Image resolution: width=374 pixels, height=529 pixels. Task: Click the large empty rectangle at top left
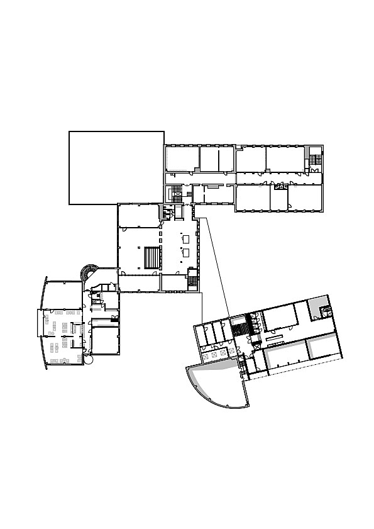pyautogui.click(x=116, y=167)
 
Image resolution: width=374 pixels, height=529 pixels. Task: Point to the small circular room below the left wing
pyautogui.click(x=87, y=360)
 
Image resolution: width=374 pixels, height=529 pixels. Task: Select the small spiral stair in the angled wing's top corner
pyautogui.click(x=326, y=310)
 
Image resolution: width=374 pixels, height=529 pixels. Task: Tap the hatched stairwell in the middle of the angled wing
pyautogui.click(x=239, y=327)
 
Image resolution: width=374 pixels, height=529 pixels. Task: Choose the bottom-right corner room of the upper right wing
pyautogui.click(x=305, y=198)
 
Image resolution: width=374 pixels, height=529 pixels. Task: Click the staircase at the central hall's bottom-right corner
pyautogui.click(x=193, y=281)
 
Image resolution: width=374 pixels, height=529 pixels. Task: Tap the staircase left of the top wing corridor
pyautogui.click(x=177, y=191)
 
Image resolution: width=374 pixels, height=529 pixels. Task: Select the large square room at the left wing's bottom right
pyautogui.click(x=105, y=341)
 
